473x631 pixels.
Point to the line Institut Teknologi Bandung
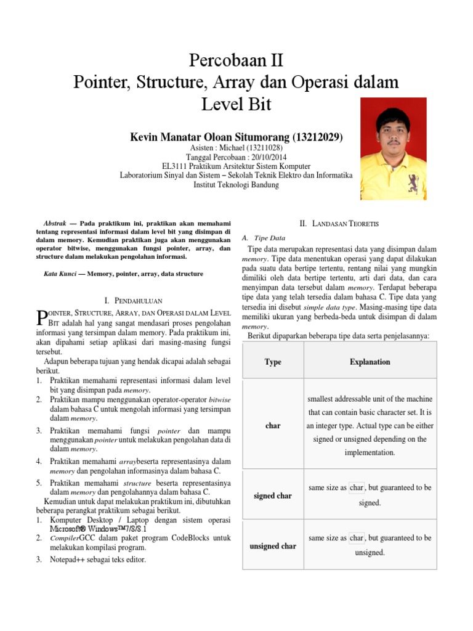(x=236, y=185)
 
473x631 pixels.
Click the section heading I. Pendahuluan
(x=133, y=301)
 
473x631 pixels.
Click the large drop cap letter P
(x=41, y=316)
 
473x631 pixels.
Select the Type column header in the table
(x=273, y=362)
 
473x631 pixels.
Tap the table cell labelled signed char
(x=273, y=495)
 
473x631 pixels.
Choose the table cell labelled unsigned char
(x=273, y=546)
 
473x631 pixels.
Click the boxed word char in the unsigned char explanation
(x=357, y=538)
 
